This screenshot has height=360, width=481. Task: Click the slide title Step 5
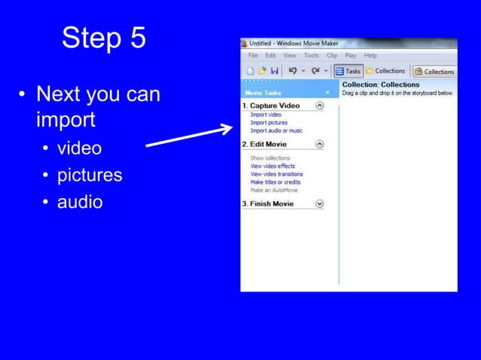click(x=104, y=38)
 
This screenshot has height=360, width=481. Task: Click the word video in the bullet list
click(x=75, y=148)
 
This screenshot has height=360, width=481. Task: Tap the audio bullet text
click(x=80, y=202)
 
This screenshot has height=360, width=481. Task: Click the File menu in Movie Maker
click(x=253, y=56)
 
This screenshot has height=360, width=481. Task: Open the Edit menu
click(x=270, y=56)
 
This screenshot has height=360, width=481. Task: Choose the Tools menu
click(x=311, y=56)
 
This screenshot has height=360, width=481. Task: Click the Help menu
click(x=370, y=56)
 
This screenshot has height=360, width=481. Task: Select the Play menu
click(x=351, y=56)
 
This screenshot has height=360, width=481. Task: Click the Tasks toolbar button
click(x=348, y=72)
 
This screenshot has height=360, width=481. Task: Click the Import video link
click(x=265, y=114)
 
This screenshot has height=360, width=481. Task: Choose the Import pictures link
click(x=268, y=122)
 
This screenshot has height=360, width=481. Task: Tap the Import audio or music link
click(x=276, y=130)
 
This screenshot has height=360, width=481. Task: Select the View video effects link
click(x=272, y=166)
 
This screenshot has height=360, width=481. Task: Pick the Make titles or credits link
click(x=275, y=182)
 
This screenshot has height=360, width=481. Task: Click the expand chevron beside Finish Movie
click(x=320, y=203)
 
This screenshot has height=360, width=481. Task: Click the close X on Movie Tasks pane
click(x=327, y=93)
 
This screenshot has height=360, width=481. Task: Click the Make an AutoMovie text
click(x=274, y=190)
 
